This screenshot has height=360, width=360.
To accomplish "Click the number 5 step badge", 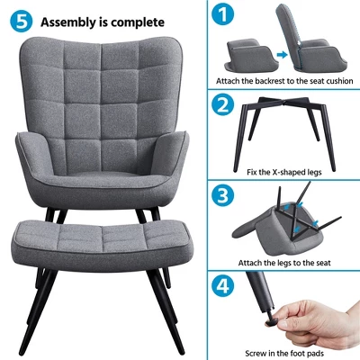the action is (x=21, y=21).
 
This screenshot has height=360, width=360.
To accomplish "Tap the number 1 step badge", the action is (x=222, y=13).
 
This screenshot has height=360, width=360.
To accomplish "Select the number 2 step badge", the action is (x=222, y=105).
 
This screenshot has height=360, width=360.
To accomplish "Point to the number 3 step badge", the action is (x=222, y=195).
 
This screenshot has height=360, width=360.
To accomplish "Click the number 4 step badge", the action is (x=222, y=286).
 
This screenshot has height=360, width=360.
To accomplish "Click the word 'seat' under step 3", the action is (x=322, y=263).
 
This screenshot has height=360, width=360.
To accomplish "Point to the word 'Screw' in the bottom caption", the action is (x=256, y=354).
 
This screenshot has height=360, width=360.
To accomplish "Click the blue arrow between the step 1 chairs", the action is (x=282, y=55).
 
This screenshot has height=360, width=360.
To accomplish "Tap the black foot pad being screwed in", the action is (x=271, y=320).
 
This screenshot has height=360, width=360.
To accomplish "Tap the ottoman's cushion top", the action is (x=101, y=235).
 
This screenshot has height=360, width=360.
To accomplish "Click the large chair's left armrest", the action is (x=31, y=157).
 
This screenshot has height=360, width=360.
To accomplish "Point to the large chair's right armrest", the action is (x=174, y=157).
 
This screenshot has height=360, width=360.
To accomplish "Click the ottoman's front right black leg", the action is (x=166, y=310).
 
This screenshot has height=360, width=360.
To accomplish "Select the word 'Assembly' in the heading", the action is (x=68, y=22).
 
